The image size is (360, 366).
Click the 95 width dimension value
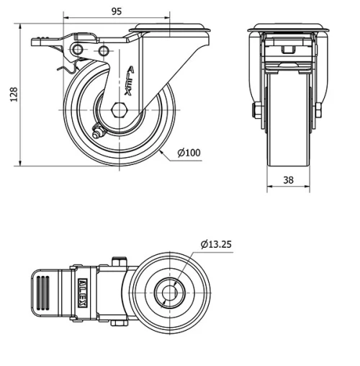click(115, 11)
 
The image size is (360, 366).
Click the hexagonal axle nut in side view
click(120, 112)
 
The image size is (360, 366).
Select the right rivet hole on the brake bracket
click(104, 51)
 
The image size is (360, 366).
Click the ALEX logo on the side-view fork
click(129, 77)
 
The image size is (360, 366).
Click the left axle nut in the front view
click(256, 110)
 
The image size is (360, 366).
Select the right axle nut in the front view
click(317, 110)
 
